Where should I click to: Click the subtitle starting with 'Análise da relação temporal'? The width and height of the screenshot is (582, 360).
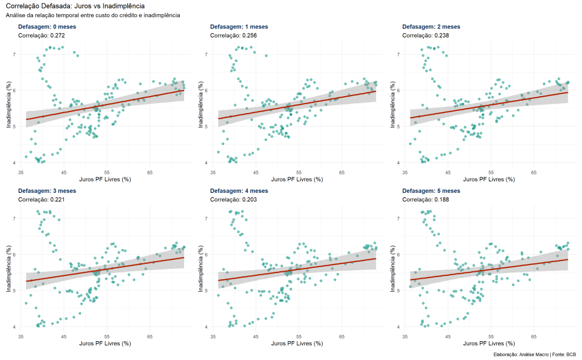click(93, 15)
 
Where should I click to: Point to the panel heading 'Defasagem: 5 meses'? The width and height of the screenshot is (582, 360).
click(431, 191)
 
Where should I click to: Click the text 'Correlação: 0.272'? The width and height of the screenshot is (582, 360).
click(43, 35)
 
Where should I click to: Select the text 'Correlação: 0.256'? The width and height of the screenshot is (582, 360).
click(235, 35)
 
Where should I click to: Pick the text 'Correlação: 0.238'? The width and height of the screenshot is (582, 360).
click(427, 35)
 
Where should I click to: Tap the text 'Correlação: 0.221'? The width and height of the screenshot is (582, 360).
click(43, 199)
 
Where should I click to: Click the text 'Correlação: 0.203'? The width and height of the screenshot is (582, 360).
click(235, 199)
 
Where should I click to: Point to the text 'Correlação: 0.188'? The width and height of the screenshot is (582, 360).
click(427, 199)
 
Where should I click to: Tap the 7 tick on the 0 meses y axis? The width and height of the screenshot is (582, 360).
click(15, 55)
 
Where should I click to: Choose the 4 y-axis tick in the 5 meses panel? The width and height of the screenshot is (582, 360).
click(398, 327)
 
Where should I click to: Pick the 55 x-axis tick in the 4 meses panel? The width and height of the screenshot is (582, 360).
click(299, 336)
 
